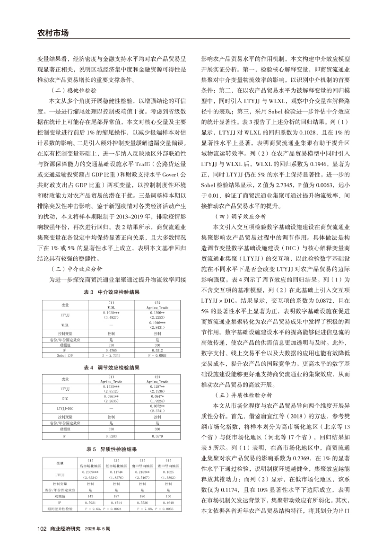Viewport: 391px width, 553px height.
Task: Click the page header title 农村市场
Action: point(52,33)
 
